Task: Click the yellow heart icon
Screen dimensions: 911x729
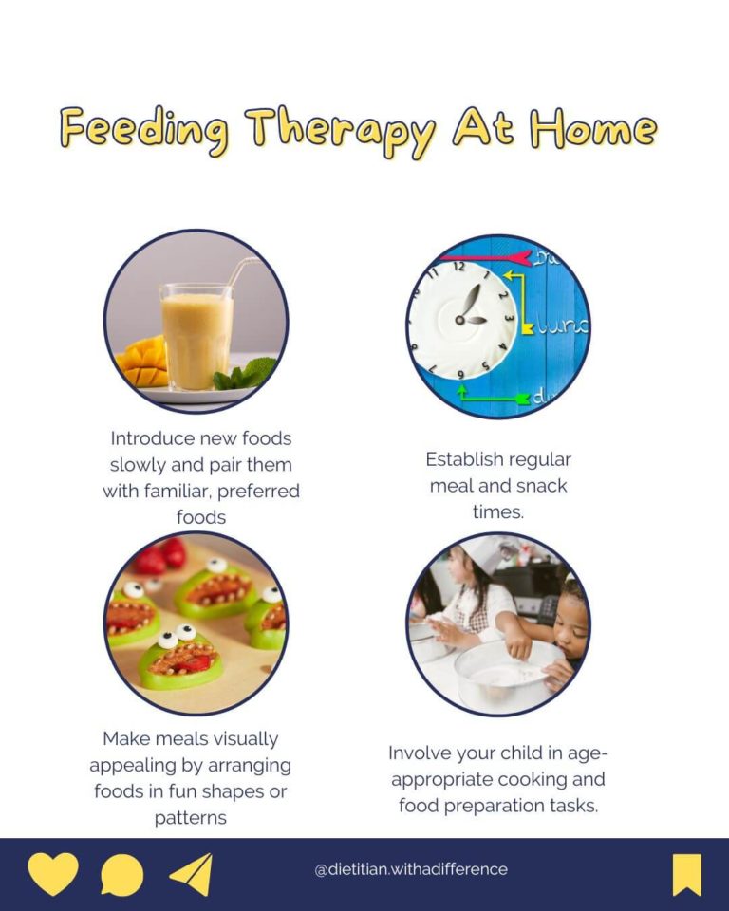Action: (x=52, y=873)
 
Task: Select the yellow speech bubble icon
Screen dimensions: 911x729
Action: (x=122, y=875)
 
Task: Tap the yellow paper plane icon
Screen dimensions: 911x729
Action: (x=192, y=874)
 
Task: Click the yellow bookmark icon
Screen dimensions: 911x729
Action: (x=686, y=874)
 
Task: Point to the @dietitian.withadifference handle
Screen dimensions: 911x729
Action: (x=410, y=869)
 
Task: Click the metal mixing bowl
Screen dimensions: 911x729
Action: (x=507, y=673)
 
